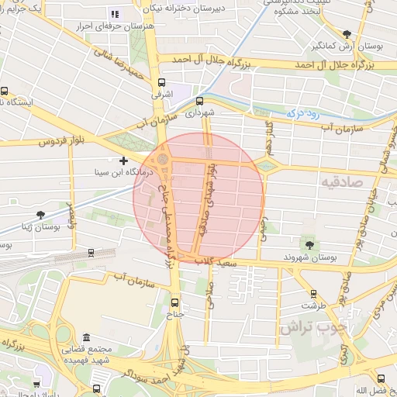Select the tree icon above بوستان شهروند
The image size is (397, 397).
click(310, 245)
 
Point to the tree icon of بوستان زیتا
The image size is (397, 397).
click(40, 215)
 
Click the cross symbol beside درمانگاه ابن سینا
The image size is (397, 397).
click(123, 161)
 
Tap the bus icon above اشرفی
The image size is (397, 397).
click(161, 82)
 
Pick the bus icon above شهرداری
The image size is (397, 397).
click(199, 101)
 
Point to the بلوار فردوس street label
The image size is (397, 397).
click(60, 142)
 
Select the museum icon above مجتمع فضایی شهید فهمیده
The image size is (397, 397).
click(85, 338)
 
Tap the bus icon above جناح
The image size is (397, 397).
click(174, 302)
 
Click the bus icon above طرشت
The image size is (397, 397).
click(313, 294)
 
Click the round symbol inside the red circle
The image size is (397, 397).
click(162, 160)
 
